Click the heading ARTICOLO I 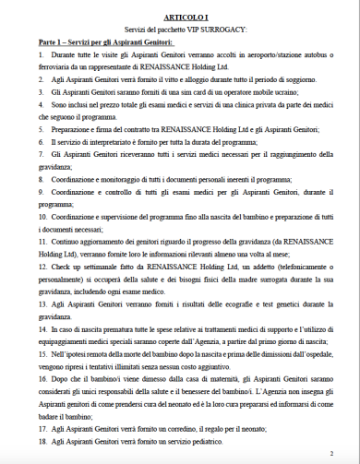tap(180, 18)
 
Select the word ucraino tap(260, 94)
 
